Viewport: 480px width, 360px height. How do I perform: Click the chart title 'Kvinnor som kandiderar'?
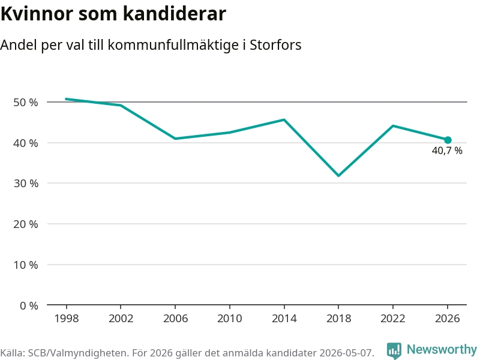click(x=113, y=14)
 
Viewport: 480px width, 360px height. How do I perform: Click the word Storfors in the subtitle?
click(x=275, y=45)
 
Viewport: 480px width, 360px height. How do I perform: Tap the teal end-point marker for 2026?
click(x=448, y=140)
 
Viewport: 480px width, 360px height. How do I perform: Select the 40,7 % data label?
click(x=447, y=151)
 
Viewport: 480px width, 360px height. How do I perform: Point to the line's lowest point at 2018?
click(x=338, y=175)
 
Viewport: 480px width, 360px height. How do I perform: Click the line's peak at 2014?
click(x=284, y=119)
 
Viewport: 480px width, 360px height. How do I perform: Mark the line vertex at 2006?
click(x=175, y=139)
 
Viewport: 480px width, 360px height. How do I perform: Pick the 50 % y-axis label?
click(x=26, y=102)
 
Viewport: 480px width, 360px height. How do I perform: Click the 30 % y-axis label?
click(x=26, y=184)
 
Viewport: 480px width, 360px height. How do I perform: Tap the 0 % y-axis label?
click(x=29, y=305)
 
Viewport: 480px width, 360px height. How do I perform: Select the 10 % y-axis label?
click(x=26, y=265)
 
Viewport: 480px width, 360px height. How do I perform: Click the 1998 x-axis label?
click(x=67, y=319)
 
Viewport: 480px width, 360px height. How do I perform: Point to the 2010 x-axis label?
click(x=230, y=319)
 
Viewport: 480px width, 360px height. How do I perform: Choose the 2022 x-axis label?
click(x=393, y=319)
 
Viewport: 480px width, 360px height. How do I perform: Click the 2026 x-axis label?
click(x=448, y=319)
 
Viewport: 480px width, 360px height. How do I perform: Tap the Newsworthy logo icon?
click(x=394, y=350)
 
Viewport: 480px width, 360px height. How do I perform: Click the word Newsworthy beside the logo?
click(x=442, y=349)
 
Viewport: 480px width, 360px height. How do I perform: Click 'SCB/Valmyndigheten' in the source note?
click(x=79, y=353)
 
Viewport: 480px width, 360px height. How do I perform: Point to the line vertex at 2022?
click(x=393, y=126)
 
